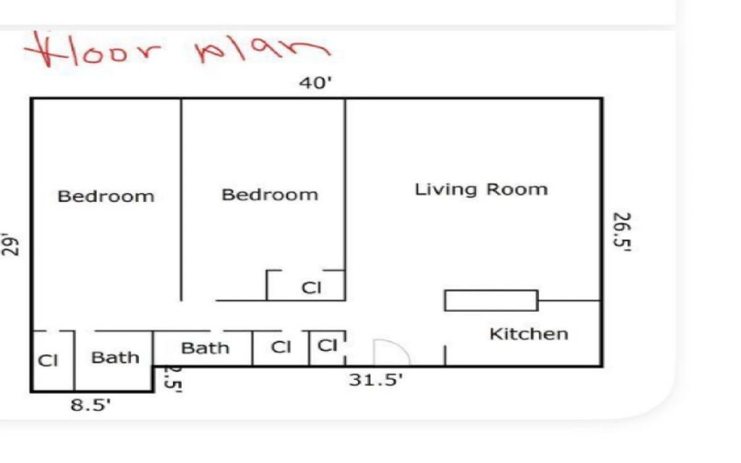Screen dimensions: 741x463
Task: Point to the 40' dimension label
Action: pyautogui.click(x=316, y=83)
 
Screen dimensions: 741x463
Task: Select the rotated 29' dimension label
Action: pyautogui.click(x=10, y=245)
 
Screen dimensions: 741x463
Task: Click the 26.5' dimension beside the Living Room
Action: pyautogui.click(x=622, y=232)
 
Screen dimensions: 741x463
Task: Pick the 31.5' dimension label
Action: pyautogui.click(x=376, y=379)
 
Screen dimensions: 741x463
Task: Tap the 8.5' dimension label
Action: pyautogui.click(x=90, y=405)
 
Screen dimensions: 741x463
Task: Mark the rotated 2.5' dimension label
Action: pyautogui.click(x=172, y=379)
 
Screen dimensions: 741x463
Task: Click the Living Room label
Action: pyautogui.click(x=481, y=190)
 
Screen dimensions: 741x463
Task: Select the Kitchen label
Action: pyautogui.click(x=529, y=334)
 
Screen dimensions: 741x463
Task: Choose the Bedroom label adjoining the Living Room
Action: pyautogui.click(x=270, y=195)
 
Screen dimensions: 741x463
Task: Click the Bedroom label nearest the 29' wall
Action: pyautogui.click(x=106, y=196)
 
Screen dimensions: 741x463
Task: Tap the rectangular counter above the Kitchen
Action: pyautogui.click(x=491, y=300)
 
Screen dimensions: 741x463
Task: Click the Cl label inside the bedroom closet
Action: pyautogui.click(x=311, y=288)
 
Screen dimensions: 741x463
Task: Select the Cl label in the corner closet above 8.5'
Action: pyautogui.click(x=48, y=360)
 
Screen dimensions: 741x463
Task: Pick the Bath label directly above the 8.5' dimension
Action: pyautogui.click(x=115, y=357)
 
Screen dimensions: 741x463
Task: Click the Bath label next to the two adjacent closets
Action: pyautogui.click(x=205, y=348)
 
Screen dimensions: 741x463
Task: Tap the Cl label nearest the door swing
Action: pyautogui.click(x=327, y=345)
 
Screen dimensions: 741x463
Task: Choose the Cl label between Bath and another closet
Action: pyautogui.click(x=281, y=347)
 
